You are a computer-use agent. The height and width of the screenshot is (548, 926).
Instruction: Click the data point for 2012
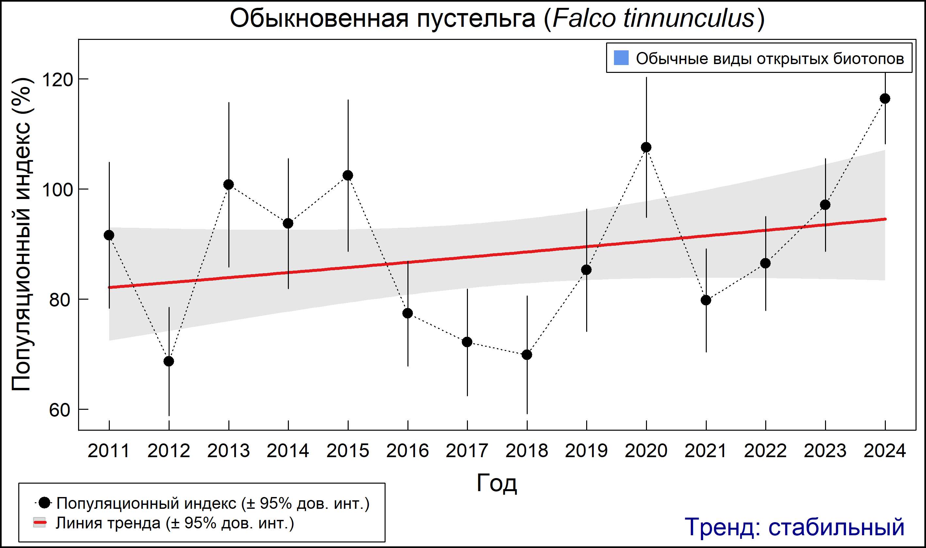point(169,361)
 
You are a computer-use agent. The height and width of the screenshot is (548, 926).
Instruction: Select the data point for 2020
point(646,147)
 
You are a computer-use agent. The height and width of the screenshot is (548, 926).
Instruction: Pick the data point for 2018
point(527,355)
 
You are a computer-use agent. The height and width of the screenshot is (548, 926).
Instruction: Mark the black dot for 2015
point(348,175)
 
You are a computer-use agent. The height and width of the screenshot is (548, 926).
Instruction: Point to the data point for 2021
point(706,300)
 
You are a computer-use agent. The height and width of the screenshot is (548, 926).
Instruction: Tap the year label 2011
point(108,451)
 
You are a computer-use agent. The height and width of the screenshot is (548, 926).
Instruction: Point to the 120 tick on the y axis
point(56,79)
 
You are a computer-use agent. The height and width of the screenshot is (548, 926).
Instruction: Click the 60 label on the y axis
point(59,410)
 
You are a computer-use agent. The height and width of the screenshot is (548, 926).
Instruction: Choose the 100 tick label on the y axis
point(56,190)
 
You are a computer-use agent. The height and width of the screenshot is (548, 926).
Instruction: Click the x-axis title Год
point(497,483)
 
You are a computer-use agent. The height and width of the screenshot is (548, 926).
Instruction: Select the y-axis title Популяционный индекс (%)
point(21,235)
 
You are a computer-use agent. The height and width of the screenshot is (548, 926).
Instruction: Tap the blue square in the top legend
point(621,58)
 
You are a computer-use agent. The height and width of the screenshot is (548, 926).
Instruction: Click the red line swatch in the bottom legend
point(40,523)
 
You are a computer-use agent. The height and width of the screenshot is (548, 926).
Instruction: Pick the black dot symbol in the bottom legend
point(45,503)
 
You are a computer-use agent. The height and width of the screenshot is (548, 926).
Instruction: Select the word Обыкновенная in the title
point(319,18)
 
